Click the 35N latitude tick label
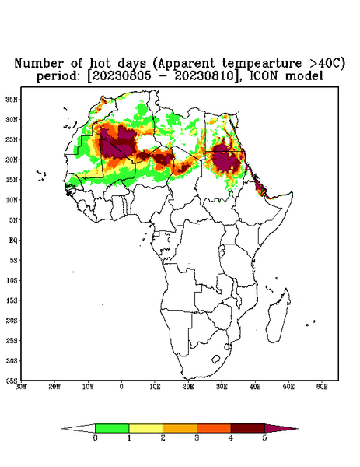pos(12,100)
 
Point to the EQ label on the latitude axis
pos(13,240)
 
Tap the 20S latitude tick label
pos(12,321)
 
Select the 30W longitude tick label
pos(21,387)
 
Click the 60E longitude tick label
pos(322,387)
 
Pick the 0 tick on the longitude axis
pos(121,387)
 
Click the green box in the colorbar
pos(112,428)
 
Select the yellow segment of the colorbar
pos(145,428)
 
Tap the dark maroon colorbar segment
pos(248,428)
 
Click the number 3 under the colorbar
pos(197,438)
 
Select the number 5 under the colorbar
pos(264,438)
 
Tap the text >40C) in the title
pos(323,64)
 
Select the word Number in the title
pos(40,64)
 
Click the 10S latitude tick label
pos(12,280)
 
